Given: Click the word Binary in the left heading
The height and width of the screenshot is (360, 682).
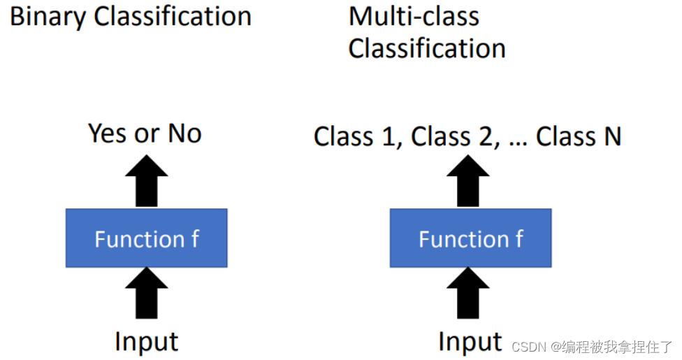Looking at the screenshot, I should coord(48,17).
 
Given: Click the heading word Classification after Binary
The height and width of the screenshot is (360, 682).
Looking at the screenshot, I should coord(173,17).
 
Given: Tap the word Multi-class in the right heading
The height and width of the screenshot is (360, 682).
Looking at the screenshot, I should coord(414,16).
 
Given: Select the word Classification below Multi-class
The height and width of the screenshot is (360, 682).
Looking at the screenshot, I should coord(427,48).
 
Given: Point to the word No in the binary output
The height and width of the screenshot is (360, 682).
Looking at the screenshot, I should coord(184,133).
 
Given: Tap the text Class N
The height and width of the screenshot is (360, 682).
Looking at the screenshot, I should coord(579,136).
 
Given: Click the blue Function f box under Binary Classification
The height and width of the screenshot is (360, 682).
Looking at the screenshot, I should coord(146,238).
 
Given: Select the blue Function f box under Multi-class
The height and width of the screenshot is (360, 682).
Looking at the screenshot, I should coord(470,238).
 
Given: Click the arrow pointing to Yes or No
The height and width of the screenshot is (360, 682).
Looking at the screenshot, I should coord(147,180).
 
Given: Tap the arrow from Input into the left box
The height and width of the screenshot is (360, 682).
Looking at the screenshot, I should coord(147,293).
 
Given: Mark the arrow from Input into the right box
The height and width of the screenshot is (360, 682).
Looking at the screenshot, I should coord(468,293).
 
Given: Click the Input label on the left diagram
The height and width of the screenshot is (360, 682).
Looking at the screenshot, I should coord(147,342).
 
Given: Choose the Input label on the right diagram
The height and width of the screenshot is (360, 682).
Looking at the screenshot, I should coord(470,342).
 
